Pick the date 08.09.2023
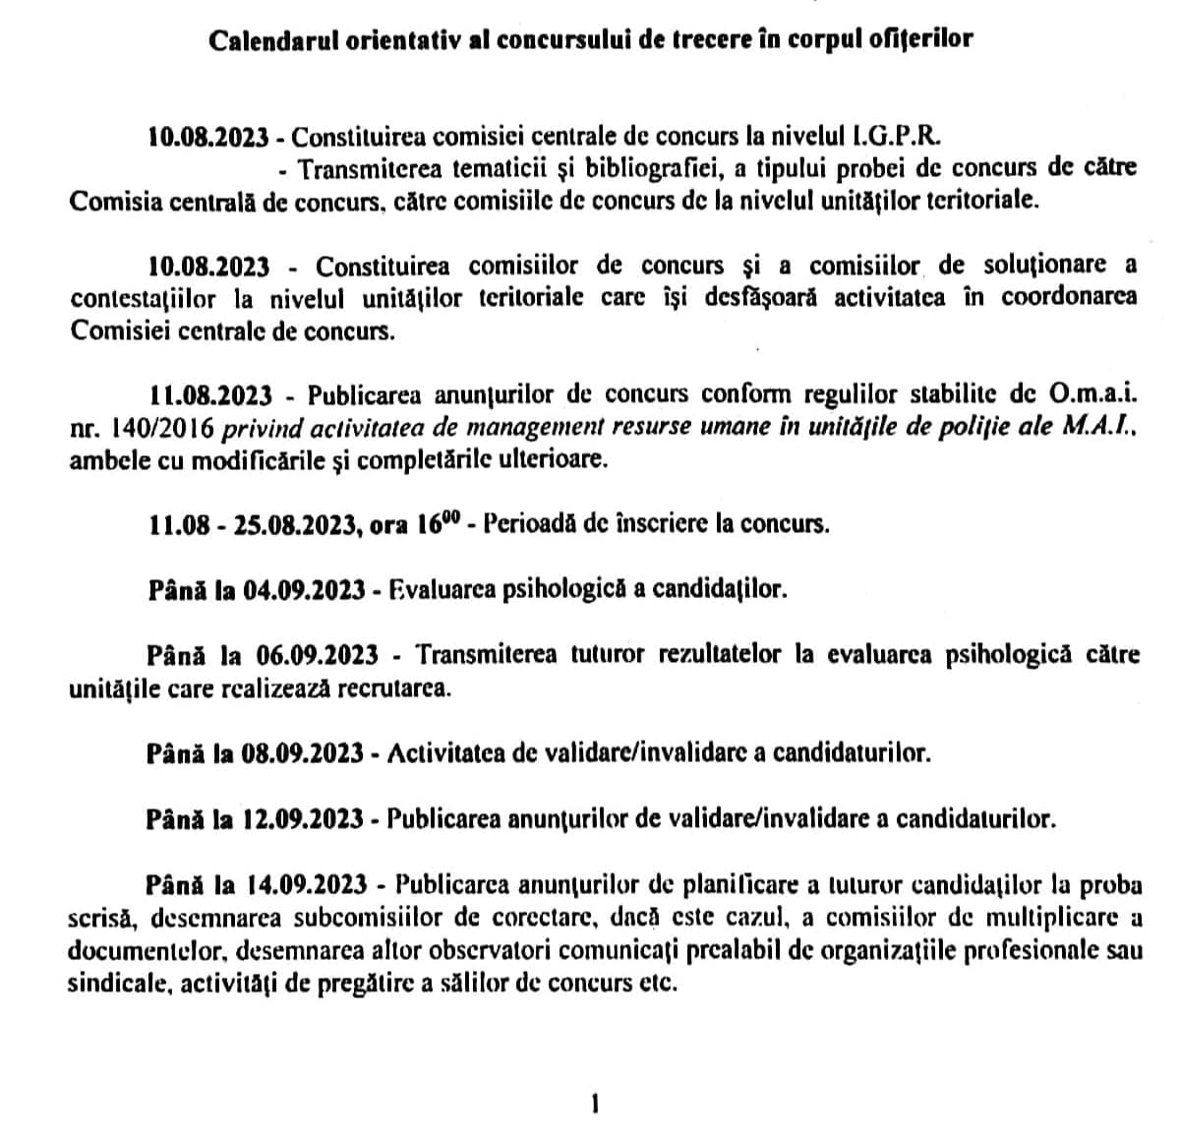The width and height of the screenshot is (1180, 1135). [x=303, y=753]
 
